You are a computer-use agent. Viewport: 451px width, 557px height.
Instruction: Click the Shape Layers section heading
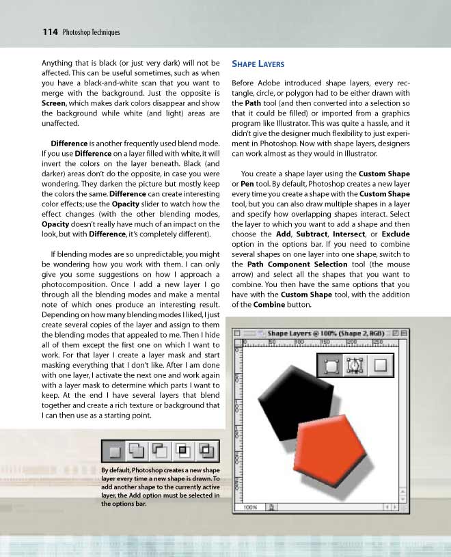click(258, 64)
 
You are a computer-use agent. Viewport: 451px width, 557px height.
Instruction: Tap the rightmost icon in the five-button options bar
click(208, 450)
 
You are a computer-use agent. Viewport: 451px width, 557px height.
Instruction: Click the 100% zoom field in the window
click(251, 507)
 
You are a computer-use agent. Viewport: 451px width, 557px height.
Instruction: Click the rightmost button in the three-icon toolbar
click(380, 366)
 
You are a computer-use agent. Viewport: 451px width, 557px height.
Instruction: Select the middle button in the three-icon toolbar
click(355, 366)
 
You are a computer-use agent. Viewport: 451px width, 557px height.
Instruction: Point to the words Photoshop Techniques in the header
click(91, 32)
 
